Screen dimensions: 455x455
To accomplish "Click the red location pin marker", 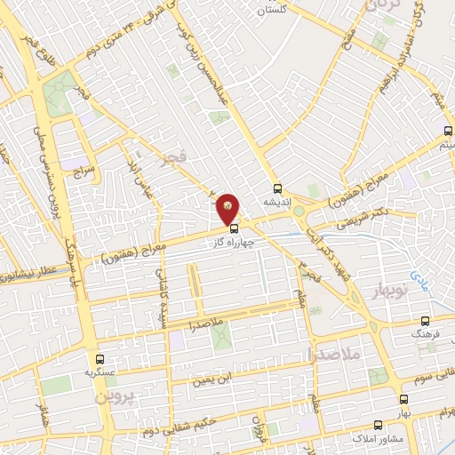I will [x=228, y=208].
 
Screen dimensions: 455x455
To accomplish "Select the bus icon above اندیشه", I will [x=277, y=188].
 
